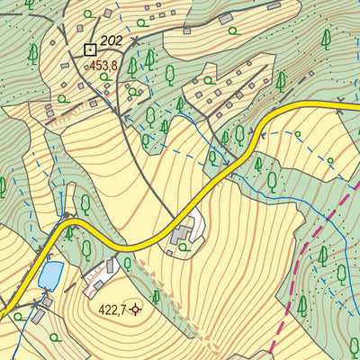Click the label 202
(112, 40)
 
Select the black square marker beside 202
(89, 49)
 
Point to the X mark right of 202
(134, 41)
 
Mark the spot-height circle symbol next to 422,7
(137, 310)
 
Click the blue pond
(51, 273)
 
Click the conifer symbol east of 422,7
(156, 296)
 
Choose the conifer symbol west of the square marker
(32, 54)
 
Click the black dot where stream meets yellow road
(65, 216)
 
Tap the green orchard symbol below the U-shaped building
(187, 253)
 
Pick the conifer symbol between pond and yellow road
(69, 234)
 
